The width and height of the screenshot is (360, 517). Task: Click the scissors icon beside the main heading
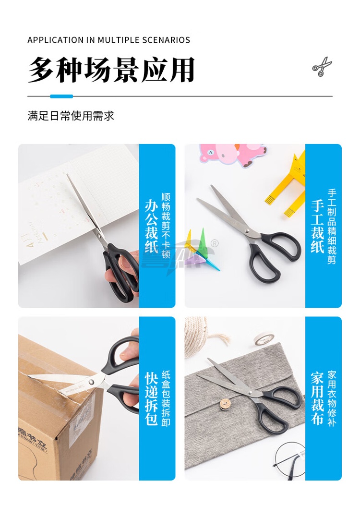click(x=322, y=67)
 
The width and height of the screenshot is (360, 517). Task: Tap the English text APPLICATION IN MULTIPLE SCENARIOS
click(x=109, y=40)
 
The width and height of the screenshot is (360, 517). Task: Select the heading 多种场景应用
click(x=111, y=70)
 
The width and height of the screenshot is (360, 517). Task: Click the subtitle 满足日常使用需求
click(x=71, y=116)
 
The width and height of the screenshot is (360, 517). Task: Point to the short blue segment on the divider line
click(x=61, y=96)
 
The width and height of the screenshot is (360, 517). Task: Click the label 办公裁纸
click(x=151, y=226)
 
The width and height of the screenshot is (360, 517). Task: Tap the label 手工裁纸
click(x=317, y=226)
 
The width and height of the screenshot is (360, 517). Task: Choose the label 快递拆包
click(x=151, y=398)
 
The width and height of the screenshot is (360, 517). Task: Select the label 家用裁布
click(x=317, y=398)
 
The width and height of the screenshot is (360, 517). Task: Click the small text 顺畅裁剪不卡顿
click(x=166, y=226)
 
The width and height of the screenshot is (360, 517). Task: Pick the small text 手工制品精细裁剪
click(x=332, y=226)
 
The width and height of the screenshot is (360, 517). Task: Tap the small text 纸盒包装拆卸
click(x=166, y=398)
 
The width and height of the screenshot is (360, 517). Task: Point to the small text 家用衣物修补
click(x=332, y=398)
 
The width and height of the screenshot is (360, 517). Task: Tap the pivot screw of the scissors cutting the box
click(x=91, y=382)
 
